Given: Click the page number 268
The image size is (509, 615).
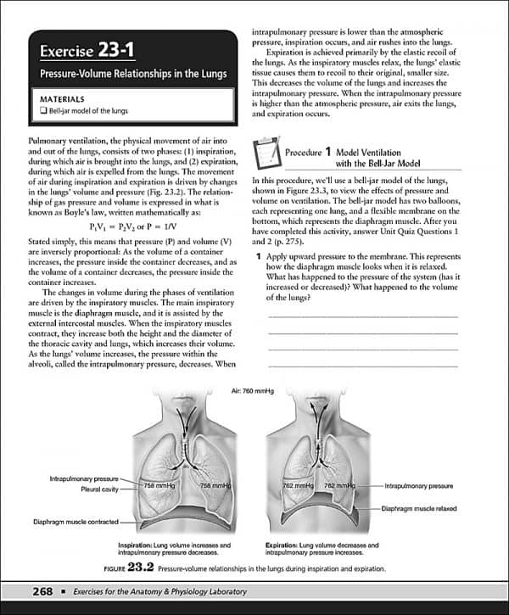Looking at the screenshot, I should pyautogui.click(x=42, y=590).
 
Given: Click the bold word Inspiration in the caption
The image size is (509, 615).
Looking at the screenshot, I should pyautogui.click(x=139, y=545).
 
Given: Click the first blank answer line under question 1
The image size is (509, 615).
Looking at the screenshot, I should pyautogui.click(x=362, y=316).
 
